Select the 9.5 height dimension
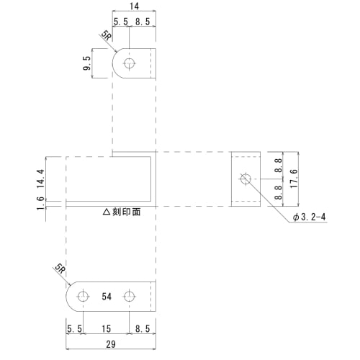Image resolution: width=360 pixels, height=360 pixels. click(x=86, y=64)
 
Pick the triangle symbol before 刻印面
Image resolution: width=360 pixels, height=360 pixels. click(x=107, y=213)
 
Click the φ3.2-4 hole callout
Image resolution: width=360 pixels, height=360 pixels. click(x=309, y=217)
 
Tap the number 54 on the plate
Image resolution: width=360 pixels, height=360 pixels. click(x=107, y=297)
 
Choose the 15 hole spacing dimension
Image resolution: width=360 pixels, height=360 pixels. click(x=107, y=329)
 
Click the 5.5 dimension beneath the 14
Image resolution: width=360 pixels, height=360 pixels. click(x=120, y=22)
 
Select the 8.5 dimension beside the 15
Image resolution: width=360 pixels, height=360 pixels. click(x=142, y=329)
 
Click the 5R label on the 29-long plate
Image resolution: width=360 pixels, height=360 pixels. click(x=60, y=270)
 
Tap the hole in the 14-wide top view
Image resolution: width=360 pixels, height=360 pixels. click(x=129, y=63)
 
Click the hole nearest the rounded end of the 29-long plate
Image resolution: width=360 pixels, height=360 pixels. click(x=83, y=297)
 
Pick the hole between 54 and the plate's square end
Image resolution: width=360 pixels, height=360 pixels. click(x=130, y=297)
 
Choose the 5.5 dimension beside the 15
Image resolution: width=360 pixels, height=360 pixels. click(x=74, y=329)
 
